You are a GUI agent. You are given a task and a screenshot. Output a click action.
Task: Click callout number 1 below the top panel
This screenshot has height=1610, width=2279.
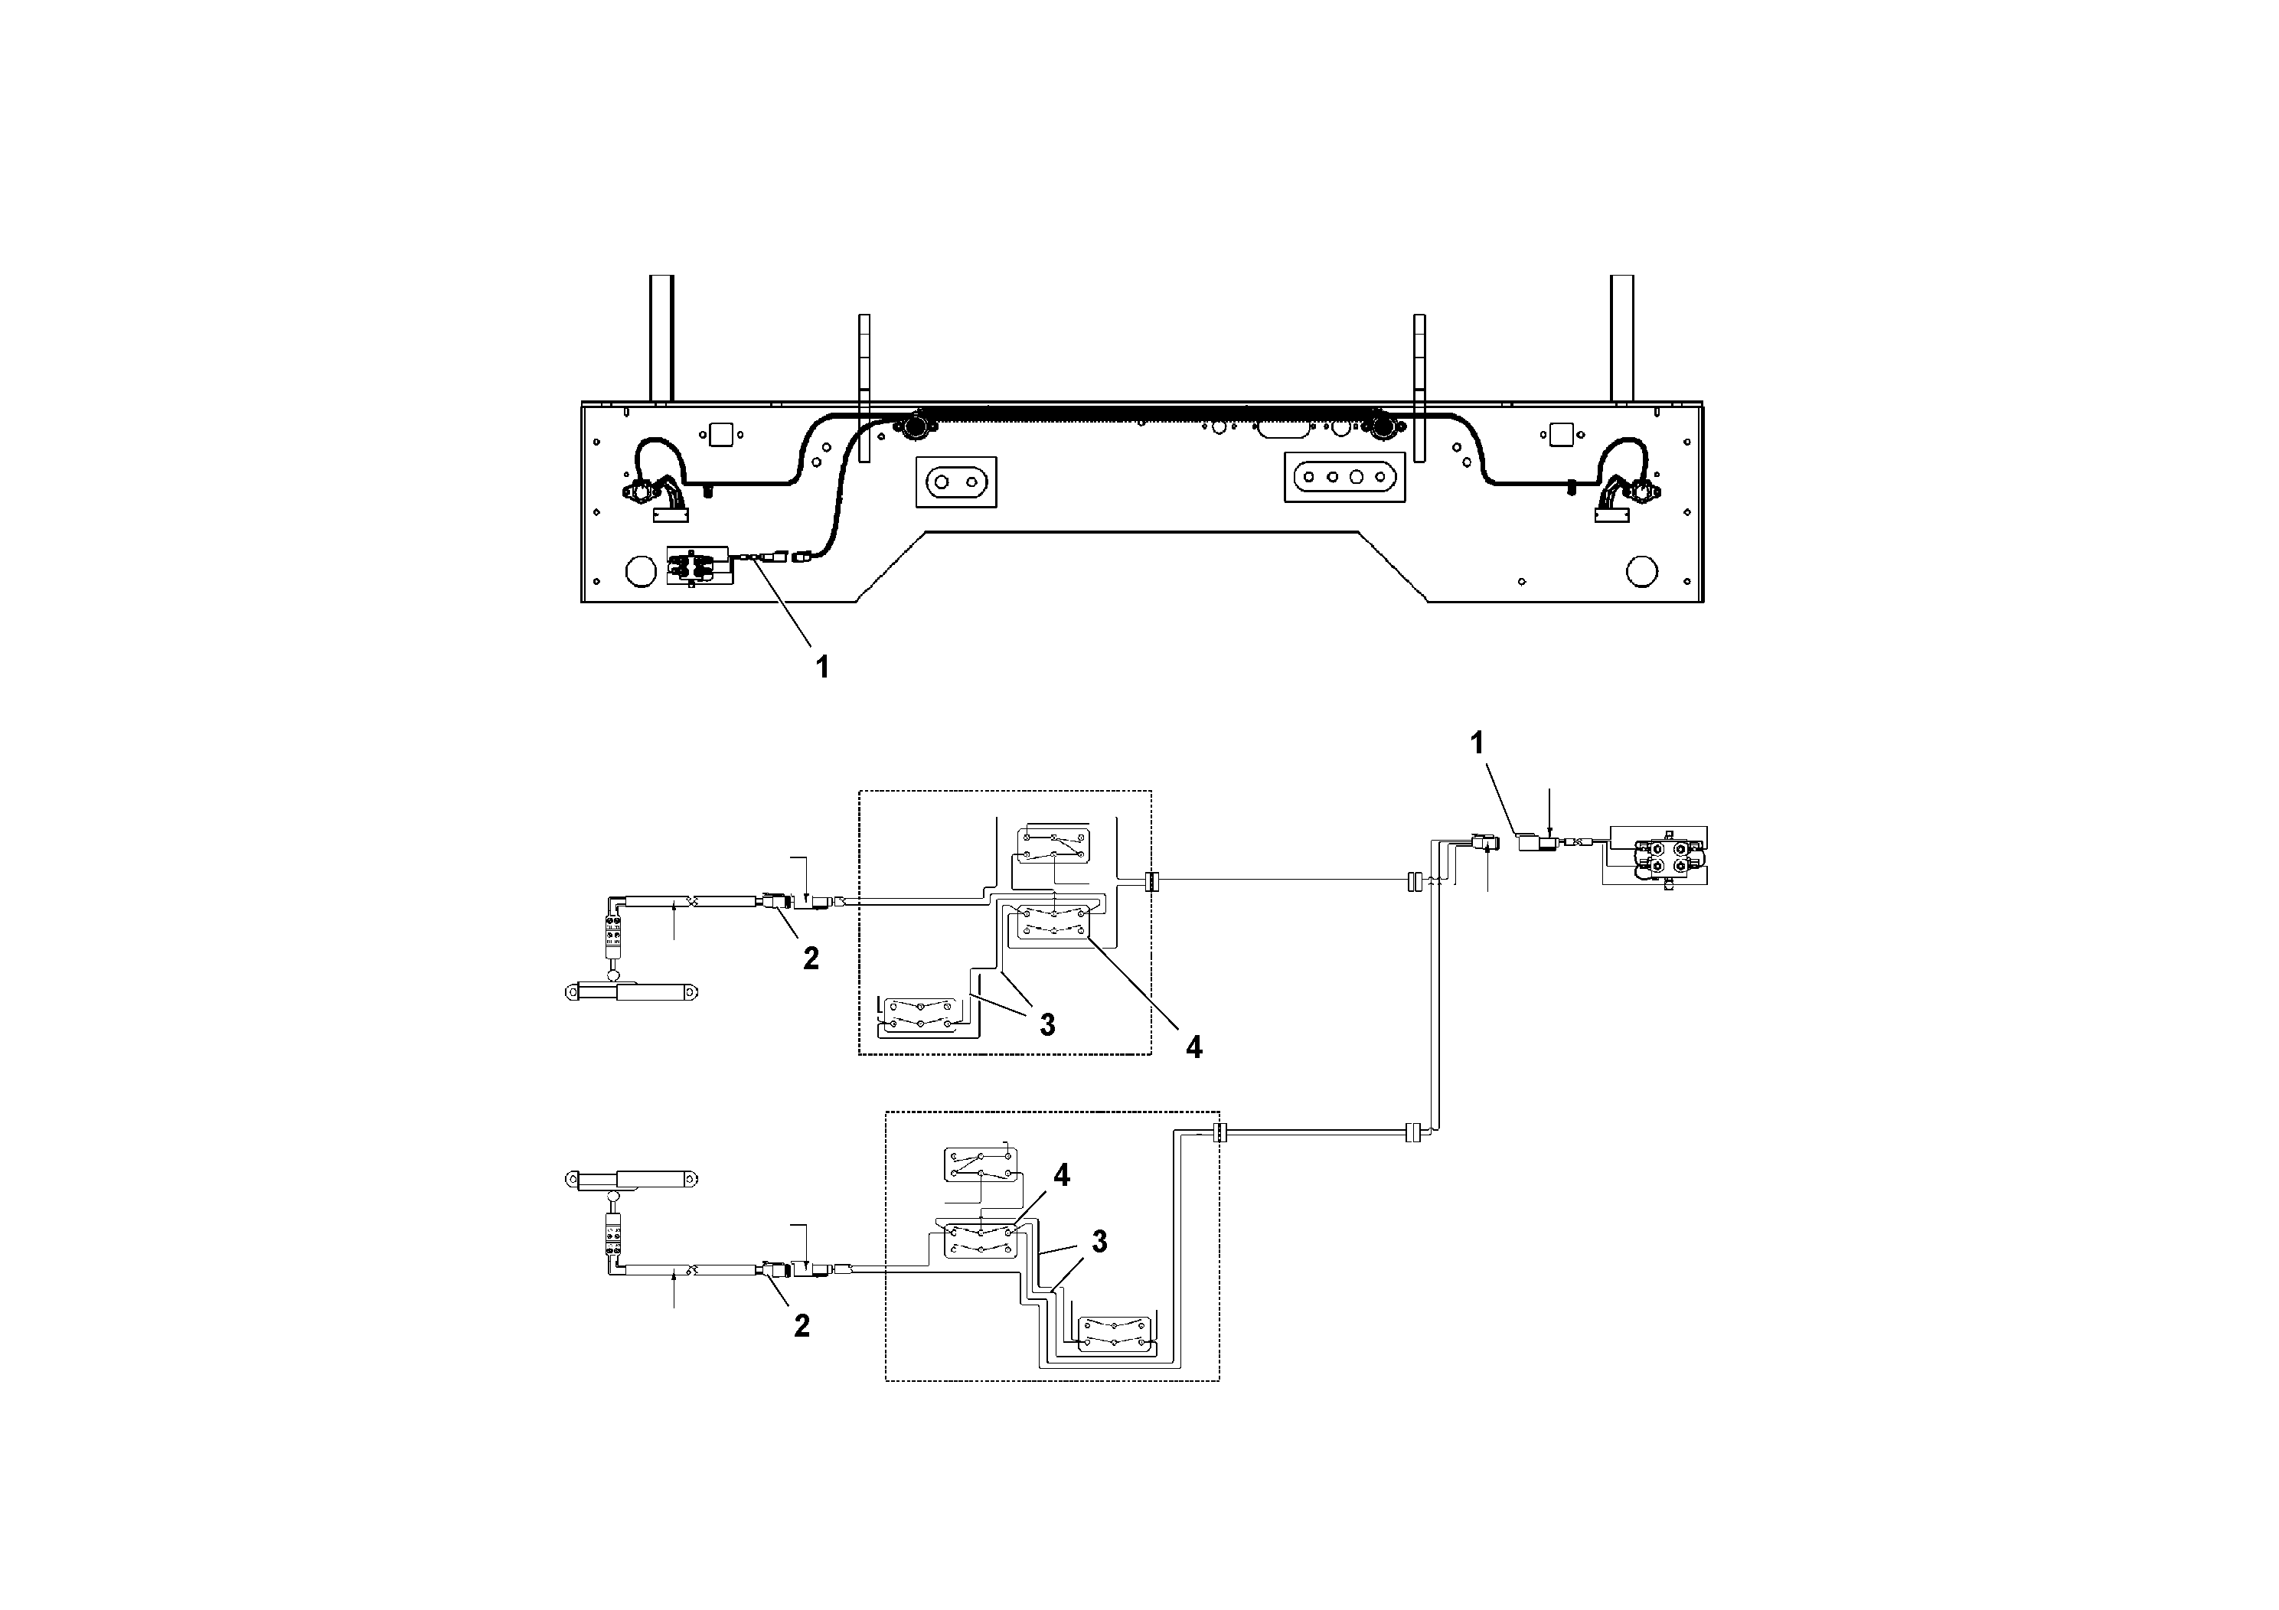pos(822,666)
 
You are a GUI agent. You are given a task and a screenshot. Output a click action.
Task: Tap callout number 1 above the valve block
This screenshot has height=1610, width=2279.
pos(1477,743)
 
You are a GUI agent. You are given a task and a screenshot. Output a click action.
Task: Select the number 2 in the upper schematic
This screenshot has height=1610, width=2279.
pos(811,958)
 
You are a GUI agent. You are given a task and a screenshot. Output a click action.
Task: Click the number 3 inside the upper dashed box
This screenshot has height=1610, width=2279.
pos(1047,1025)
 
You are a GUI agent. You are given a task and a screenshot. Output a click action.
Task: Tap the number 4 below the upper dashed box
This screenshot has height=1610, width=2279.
pos(1194,1047)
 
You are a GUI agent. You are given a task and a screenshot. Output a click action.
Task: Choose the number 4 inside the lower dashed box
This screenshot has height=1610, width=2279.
pos(1062,1175)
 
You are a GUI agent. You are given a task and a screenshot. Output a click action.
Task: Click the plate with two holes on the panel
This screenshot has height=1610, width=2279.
pos(955,482)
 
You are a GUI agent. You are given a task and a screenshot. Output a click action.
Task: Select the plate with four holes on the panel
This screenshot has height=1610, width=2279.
pos(1345,478)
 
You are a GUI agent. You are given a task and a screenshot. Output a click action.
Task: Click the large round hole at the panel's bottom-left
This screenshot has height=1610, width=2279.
pos(640,571)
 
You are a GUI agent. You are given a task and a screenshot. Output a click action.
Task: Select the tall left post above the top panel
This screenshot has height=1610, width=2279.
pos(661,338)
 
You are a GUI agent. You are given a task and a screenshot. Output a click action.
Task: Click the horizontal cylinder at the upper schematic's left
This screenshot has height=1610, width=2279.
pos(630,991)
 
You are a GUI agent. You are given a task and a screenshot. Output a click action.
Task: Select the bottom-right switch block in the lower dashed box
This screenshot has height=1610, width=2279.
pos(1115,1333)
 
